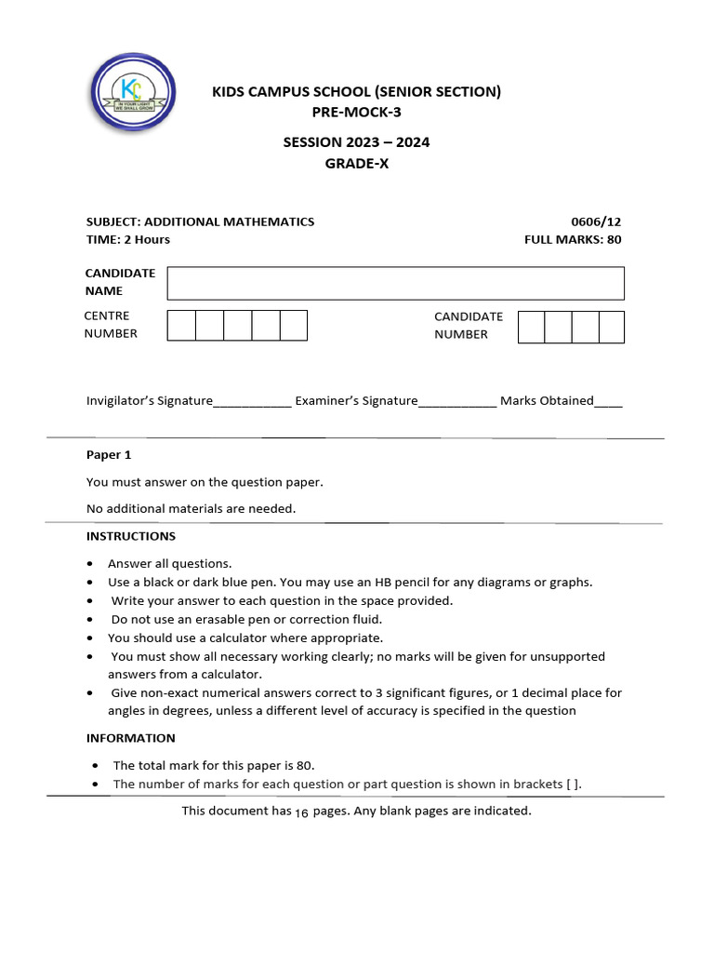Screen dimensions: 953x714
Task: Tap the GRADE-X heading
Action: pos(356,164)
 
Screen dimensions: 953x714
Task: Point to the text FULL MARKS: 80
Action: pos(573,239)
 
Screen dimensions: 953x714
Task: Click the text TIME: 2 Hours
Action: pos(128,239)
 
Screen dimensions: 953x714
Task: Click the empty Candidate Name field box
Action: pos(395,283)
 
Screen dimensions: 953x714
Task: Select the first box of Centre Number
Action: pos(181,326)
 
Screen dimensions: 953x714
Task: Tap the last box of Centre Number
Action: pos(294,326)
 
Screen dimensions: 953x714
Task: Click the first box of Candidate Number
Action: pos(531,327)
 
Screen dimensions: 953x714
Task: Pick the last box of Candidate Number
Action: pos(612,327)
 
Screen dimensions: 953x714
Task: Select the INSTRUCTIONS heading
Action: pos(131,536)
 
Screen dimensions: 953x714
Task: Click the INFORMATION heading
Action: pos(131,738)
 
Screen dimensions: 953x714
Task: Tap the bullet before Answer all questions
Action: pos(89,564)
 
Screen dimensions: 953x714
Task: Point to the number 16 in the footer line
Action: pos(301,812)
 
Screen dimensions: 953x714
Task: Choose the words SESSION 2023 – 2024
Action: pos(356,142)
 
